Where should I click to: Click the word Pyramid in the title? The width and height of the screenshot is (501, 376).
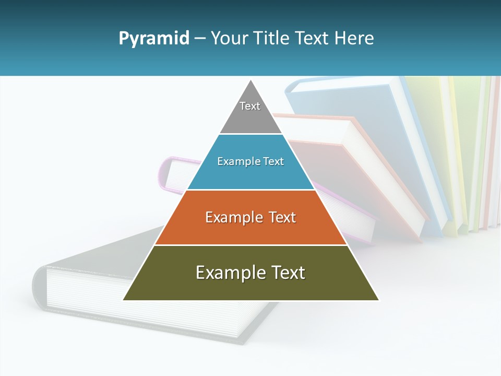point(153,38)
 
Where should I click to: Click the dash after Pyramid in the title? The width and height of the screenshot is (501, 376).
point(200,39)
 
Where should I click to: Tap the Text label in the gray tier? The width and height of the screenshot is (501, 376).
point(250,106)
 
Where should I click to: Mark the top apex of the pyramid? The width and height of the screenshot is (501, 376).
point(251,81)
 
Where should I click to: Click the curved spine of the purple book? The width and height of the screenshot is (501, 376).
point(163,175)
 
